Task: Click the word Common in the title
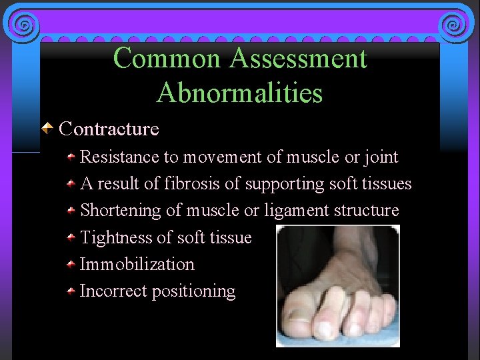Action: (167, 59)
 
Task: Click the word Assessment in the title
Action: (298, 59)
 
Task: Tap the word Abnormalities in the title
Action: (239, 93)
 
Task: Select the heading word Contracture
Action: (109, 128)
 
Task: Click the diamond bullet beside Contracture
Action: (48, 127)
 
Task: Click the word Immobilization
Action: (137, 264)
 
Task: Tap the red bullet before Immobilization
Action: (71, 264)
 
